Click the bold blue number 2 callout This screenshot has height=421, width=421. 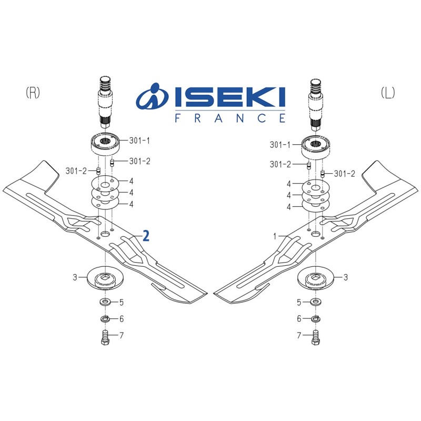pos(146,236)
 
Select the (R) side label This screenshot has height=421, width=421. pos(33,93)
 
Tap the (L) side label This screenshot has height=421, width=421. pos(388,93)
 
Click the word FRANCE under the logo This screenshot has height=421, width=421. pos(230,118)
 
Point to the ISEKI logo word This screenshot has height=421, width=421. pos(230,98)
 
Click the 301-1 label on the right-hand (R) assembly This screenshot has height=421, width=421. pos(139,141)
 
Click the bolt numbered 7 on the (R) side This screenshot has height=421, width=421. pos(105,337)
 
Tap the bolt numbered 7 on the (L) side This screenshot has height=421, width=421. pos(316,337)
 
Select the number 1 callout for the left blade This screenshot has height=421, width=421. pos(274,236)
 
